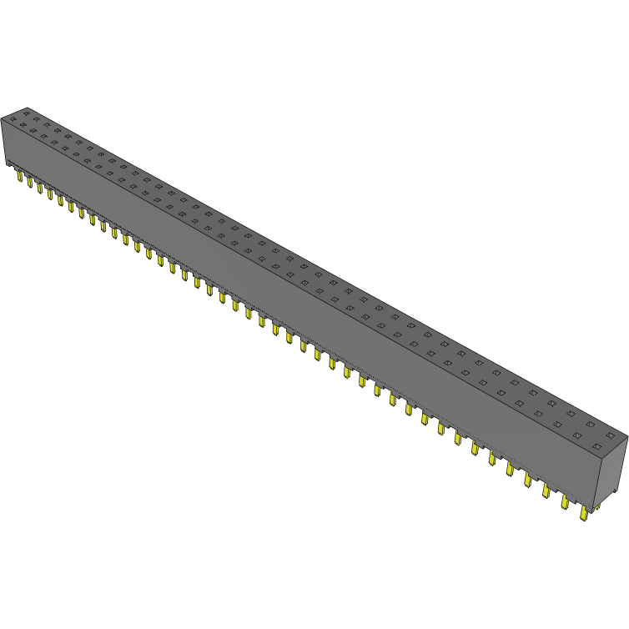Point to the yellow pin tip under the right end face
599,508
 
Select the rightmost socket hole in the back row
611,435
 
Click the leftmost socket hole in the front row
13,118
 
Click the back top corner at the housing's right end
626,435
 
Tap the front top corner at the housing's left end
2,118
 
